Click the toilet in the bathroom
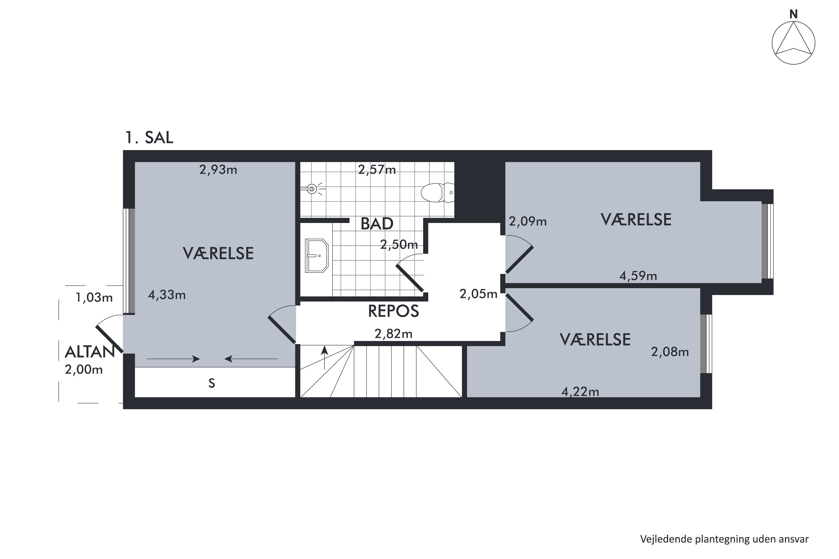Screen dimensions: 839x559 pyautogui.click(x=437, y=193)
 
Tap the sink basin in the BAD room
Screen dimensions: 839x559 pyautogui.click(x=317, y=256)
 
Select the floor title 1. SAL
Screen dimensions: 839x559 pyautogui.click(x=149, y=137)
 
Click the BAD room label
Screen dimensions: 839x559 pyautogui.click(x=377, y=224)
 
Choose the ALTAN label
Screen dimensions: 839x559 pyautogui.click(x=89, y=352)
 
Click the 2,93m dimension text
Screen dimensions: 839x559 pyautogui.click(x=218, y=170)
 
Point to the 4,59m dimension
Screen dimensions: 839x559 pyautogui.click(x=638, y=276)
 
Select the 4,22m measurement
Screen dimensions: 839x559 pyautogui.click(x=580, y=392)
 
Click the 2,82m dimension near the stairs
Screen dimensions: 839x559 pyautogui.click(x=393, y=334)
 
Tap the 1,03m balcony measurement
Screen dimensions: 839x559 pyautogui.click(x=94, y=298)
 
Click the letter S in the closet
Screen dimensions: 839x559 pyautogui.click(x=211, y=383)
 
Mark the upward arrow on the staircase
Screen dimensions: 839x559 pyautogui.click(x=325, y=357)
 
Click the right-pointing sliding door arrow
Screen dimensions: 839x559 pyautogui.click(x=173, y=359)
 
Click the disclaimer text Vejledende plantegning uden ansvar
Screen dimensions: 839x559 pyautogui.click(x=725, y=539)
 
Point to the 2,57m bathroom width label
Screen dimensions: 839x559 pyautogui.click(x=377, y=170)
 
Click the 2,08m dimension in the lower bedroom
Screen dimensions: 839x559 pyautogui.click(x=670, y=352)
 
